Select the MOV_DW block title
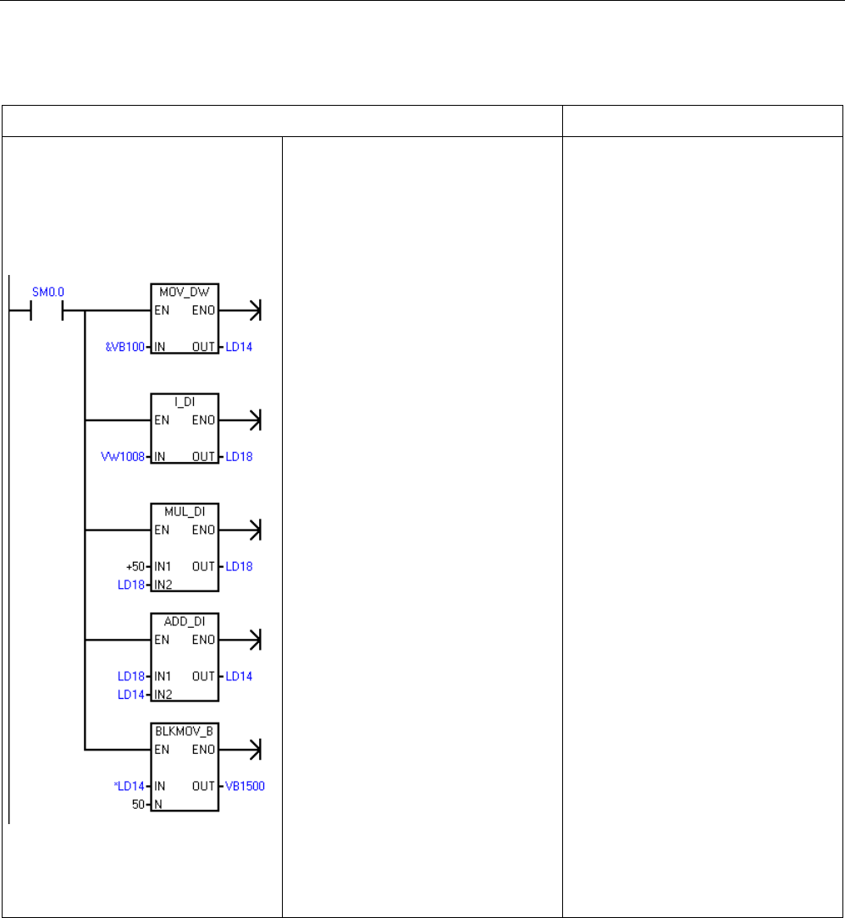tap(185, 290)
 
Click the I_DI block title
tap(185, 400)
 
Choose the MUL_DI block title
tap(185, 510)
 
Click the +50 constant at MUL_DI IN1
tap(134, 567)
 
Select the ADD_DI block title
tap(185, 620)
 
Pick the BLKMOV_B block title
tap(185, 730)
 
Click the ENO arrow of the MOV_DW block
tap(253, 311)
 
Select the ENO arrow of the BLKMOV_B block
tap(253, 750)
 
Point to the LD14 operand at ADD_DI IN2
tap(131, 694)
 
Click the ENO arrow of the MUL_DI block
tap(253, 530)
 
